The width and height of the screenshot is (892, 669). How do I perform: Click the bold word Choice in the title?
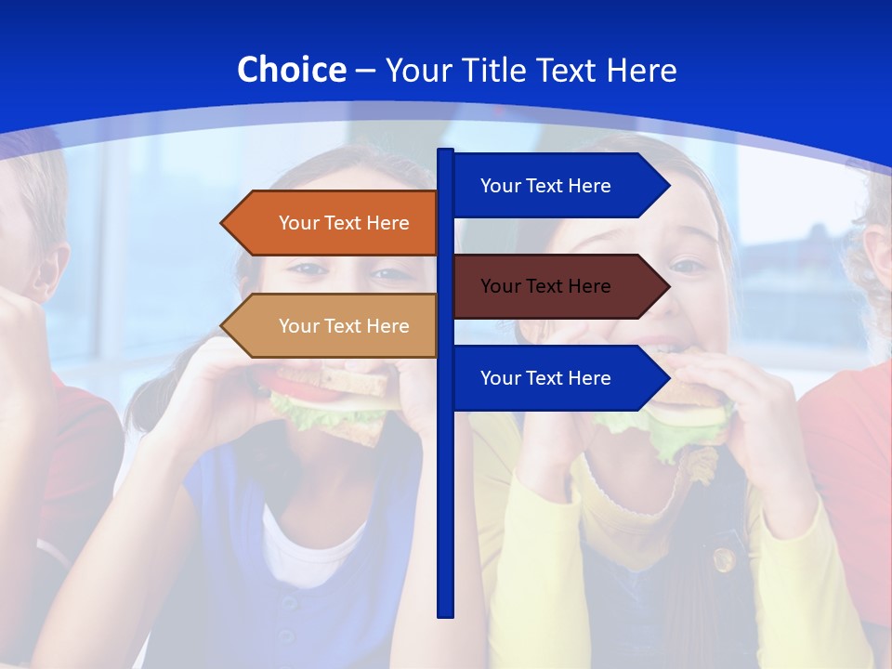pos(291,70)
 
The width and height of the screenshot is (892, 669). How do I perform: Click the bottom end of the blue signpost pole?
pos(446,612)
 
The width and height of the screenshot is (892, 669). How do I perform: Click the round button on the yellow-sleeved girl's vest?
pos(724,559)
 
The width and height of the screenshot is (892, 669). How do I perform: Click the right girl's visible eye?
pos(688,267)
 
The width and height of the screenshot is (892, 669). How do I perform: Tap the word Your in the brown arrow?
pos(500,286)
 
